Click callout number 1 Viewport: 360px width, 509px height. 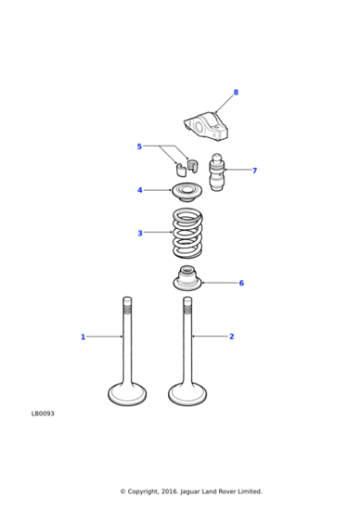(x=83, y=337)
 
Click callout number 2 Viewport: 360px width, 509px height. (x=231, y=337)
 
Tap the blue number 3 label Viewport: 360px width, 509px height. (x=139, y=234)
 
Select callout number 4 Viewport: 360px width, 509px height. (x=139, y=191)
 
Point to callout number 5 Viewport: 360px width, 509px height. (x=139, y=146)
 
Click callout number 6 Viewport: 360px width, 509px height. (x=241, y=284)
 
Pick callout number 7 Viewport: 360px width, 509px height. (x=254, y=170)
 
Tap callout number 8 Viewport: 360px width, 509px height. (x=235, y=93)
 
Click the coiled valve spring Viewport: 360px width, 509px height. (x=189, y=234)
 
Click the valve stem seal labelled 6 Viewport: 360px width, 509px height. (x=188, y=279)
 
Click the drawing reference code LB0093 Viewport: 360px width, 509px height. (x=43, y=414)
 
